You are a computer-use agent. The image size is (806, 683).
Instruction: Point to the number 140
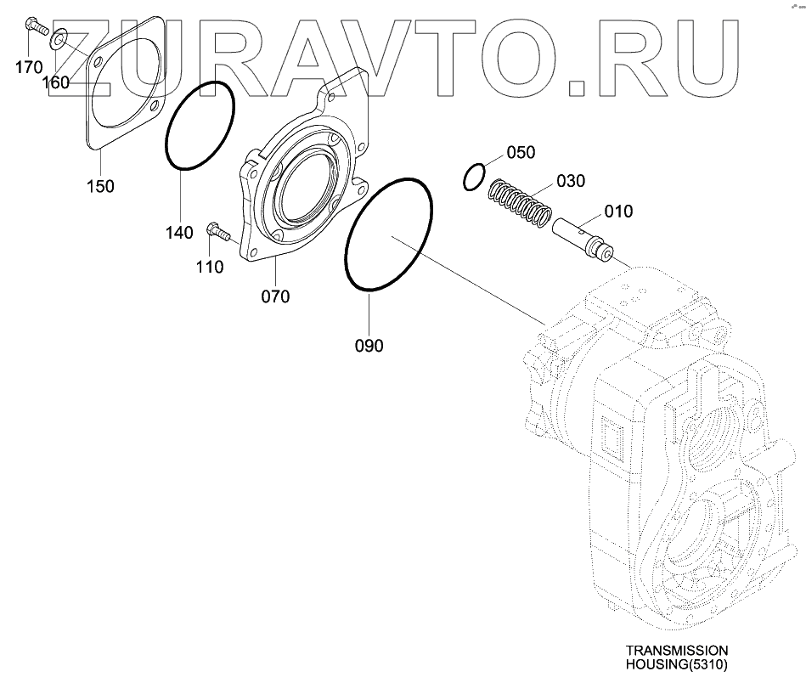coord(180,233)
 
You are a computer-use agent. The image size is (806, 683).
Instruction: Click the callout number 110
coord(209,268)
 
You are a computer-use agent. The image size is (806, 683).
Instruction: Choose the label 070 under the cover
coord(275,296)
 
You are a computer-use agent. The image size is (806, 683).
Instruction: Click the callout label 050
coord(521,153)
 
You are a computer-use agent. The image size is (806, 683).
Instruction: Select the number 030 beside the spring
coord(571,181)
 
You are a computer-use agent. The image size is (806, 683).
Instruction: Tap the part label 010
coord(618,212)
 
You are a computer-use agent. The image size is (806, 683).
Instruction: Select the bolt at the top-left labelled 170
coord(33,26)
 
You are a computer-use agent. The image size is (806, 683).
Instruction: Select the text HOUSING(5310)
coord(677,664)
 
